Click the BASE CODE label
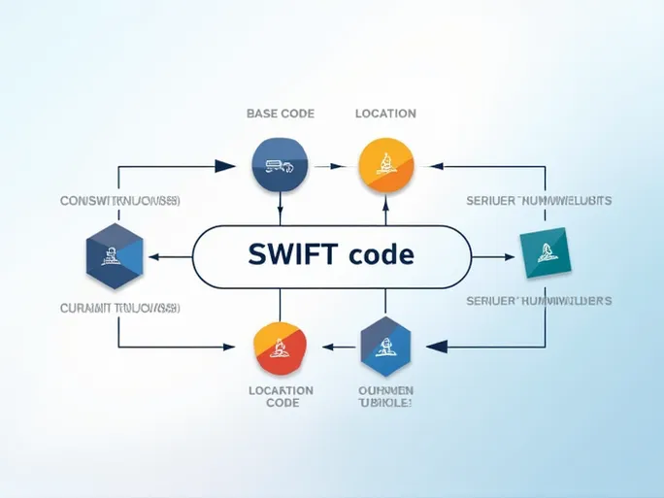(280, 114)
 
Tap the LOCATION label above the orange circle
(385, 114)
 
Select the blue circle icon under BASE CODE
(280, 164)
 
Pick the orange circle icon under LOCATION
(385, 164)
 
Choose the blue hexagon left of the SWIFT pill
(115, 257)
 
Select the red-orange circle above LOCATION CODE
(280, 347)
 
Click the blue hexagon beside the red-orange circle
(385, 347)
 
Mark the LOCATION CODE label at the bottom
(282, 396)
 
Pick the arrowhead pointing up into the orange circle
(385, 204)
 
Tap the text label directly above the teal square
(539, 201)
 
